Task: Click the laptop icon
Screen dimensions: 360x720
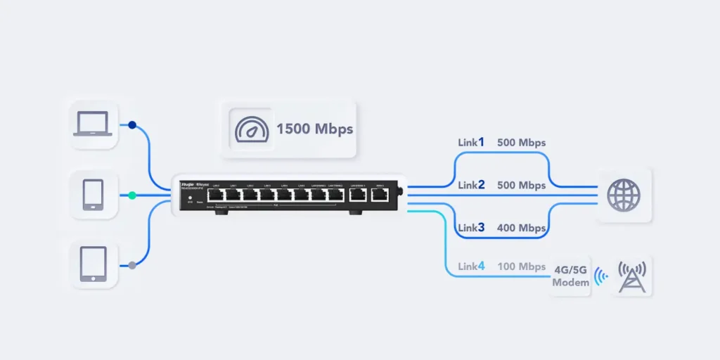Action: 93,124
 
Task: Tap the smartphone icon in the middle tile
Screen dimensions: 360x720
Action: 93,195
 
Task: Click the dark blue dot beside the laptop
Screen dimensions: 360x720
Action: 132,125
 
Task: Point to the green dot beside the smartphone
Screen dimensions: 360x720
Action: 132,195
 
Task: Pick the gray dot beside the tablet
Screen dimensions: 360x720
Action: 132,265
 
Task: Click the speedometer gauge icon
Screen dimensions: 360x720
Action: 250,129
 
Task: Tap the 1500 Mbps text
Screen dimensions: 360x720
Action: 314,129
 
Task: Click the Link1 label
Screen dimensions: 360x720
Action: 471,143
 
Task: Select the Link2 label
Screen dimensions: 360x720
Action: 471,186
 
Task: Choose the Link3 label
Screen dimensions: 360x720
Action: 471,228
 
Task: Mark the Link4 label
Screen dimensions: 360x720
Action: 471,266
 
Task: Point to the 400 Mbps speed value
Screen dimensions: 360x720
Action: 521,229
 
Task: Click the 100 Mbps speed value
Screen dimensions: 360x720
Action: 521,267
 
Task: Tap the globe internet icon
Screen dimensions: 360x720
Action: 624,195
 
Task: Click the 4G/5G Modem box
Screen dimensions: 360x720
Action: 570,275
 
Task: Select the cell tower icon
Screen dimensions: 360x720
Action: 631,275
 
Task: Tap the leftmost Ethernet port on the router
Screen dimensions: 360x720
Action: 216,195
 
